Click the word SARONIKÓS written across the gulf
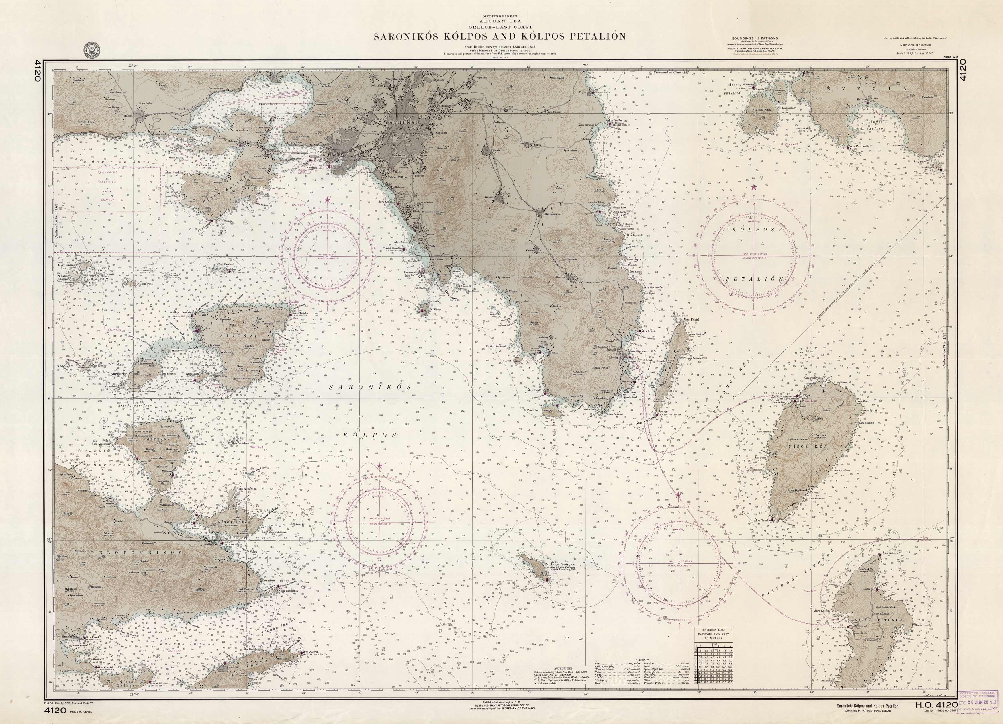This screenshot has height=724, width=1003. (371, 387)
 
